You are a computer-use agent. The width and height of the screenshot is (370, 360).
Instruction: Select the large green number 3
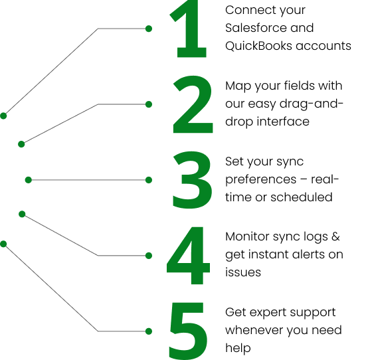pos(192,180)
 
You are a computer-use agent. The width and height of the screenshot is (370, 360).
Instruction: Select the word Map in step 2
pos(238,86)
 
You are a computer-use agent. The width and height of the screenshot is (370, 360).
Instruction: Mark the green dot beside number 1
pos(149,29)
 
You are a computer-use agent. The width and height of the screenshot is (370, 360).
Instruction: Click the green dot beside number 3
pos(149,180)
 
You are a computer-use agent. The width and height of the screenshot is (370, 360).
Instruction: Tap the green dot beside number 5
pos(149,330)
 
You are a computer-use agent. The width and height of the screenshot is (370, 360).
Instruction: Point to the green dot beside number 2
pos(149,104)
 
